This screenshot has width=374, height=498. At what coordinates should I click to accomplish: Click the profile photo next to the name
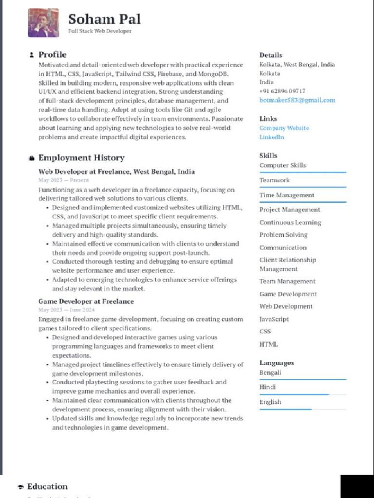click(43, 22)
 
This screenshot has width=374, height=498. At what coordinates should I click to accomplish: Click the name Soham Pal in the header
click(104, 19)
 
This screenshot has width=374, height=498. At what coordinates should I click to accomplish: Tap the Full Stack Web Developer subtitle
click(99, 31)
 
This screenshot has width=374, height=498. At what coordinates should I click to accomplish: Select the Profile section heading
click(52, 54)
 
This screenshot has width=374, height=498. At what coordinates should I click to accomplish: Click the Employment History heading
click(81, 158)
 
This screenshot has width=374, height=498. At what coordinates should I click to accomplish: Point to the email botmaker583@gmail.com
click(297, 100)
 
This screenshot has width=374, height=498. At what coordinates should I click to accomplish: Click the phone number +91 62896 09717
click(282, 91)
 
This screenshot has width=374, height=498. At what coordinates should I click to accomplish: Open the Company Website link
click(284, 128)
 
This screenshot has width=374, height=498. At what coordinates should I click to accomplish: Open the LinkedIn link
click(272, 137)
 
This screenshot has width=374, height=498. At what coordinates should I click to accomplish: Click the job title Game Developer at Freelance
click(86, 302)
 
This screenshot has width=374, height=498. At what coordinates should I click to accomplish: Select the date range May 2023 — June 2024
click(66, 310)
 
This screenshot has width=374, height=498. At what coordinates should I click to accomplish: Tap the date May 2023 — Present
click(63, 180)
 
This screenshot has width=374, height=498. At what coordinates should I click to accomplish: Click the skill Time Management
click(286, 195)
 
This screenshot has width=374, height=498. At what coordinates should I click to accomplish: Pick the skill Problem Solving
click(283, 235)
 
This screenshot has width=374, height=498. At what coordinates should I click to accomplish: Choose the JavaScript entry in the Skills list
click(274, 319)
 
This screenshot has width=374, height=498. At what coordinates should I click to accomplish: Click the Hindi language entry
click(267, 387)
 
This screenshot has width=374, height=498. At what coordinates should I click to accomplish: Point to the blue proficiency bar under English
click(285, 409)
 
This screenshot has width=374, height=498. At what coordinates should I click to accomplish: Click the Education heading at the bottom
click(47, 486)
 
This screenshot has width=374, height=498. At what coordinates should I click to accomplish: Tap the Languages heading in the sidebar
click(276, 363)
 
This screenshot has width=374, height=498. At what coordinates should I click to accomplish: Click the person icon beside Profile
click(32, 55)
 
